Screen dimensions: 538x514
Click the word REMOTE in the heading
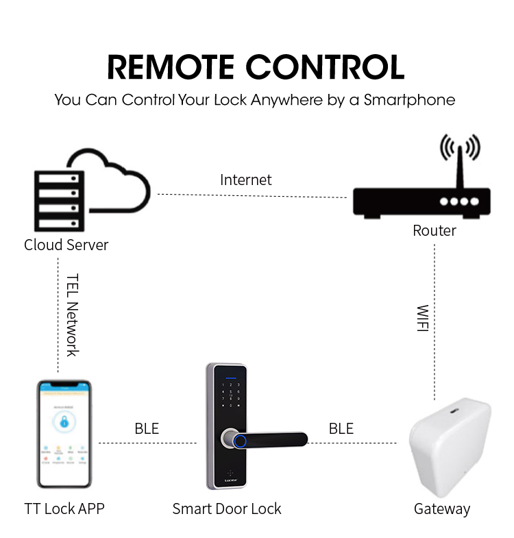(x=172, y=67)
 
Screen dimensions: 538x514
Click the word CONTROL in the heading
(x=326, y=67)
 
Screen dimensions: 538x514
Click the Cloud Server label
(x=66, y=245)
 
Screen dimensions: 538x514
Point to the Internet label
(x=245, y=180)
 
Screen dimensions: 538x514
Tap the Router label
(x=434, y=230)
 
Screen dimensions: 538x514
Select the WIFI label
(x=422, y=319)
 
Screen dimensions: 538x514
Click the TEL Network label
(x=72, y=315)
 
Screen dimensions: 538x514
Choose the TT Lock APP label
(x=64, y=509)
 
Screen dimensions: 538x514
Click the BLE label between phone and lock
(x=147, y=429)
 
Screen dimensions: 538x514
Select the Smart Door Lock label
(x=227, y=509)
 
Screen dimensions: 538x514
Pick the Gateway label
(x=442, y=509)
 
